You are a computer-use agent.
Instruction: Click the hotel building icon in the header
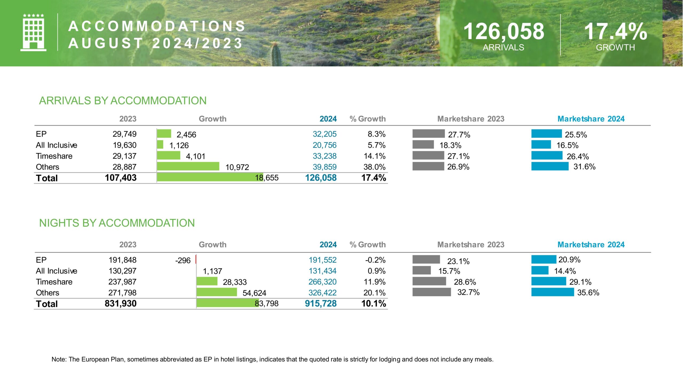(33, 33)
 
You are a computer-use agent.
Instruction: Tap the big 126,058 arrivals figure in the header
(504, 31)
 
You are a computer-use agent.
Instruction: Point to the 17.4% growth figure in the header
(616, 31)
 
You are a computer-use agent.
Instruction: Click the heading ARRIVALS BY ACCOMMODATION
(123, 101)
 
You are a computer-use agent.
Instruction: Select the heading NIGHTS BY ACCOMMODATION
(117, 223)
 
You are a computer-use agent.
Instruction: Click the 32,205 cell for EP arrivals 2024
(324, 134)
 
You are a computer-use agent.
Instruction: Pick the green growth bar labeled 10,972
(188, 166)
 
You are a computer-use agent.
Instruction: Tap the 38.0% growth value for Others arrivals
(374, 167)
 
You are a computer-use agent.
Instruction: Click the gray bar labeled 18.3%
(423, 145)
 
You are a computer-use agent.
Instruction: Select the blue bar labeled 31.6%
(550, 166)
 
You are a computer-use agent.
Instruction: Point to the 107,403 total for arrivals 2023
(121, 178)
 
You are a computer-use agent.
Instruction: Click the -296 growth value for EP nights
(183, 260)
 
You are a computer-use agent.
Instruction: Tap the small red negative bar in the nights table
(196, 259)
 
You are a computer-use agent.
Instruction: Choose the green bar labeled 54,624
(217, 292)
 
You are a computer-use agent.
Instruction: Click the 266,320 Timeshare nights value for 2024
(322, 282)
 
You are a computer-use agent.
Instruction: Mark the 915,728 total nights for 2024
(321, 303)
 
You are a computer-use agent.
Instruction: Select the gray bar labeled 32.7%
(431, 292)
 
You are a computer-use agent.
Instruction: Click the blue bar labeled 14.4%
(540, 270)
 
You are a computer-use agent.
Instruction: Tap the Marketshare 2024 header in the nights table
(591, 245)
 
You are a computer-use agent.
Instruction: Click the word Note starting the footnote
(58, 359)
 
